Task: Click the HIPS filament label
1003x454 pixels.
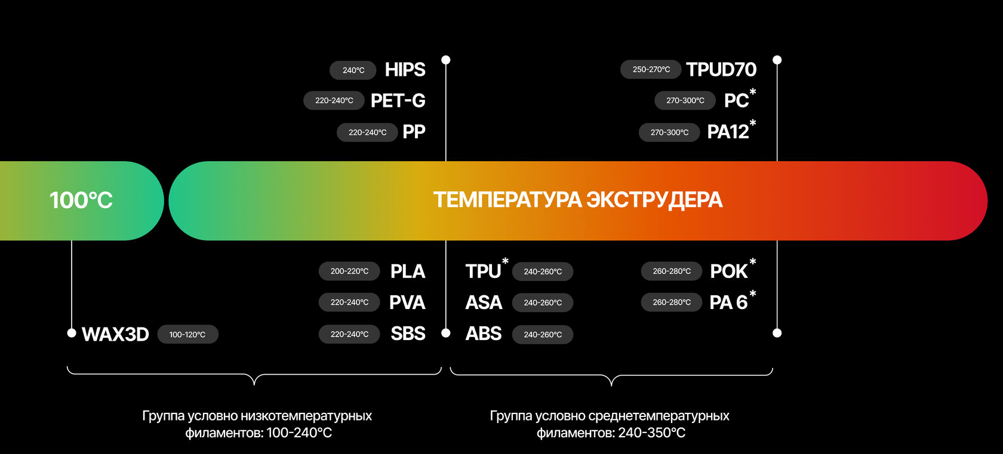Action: (405, 70)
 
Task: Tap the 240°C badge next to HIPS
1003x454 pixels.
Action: (353, 70)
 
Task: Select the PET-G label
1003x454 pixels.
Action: (398, 101)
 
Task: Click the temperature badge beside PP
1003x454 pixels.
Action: (367, 132)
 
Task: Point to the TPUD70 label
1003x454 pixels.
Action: (721, 70)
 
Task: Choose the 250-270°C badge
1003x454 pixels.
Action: (651, 70)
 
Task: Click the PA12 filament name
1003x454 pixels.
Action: (728, 132)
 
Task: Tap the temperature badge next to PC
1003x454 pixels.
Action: (685, 101)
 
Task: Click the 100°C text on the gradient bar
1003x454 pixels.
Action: (81, 200)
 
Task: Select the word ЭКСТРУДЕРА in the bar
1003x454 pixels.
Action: (654, 200)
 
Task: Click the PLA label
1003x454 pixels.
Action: (408, 271)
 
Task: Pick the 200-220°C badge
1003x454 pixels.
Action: (349, 271)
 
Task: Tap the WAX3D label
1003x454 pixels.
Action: (115, 335)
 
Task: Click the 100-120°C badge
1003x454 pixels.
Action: (187, 335)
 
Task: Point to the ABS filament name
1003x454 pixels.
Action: (484, 333)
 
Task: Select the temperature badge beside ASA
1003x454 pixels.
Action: (543, 303)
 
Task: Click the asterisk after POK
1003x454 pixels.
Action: (753, 262)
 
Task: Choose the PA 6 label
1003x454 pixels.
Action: (728, 303)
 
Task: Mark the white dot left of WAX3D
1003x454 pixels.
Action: (72, 333)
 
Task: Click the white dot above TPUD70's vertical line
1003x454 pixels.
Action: (777, 60)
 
